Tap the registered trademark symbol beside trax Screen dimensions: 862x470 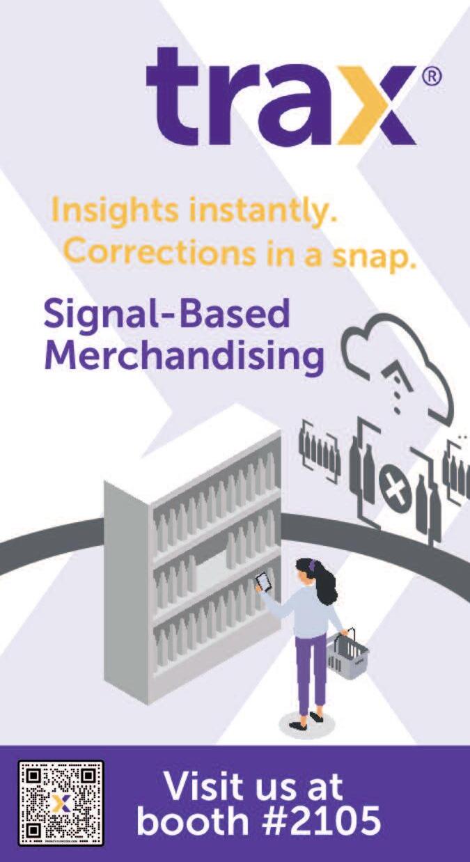click(x=432, y=77)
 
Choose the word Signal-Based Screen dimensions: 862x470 click(x=166, y=315)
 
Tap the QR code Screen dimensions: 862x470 click(x=61, y=803)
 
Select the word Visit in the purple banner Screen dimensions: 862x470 click(x=205, y=787)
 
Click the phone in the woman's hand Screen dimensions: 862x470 click(x=263, y=581)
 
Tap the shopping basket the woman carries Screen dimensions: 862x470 click(x=347, y=656)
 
